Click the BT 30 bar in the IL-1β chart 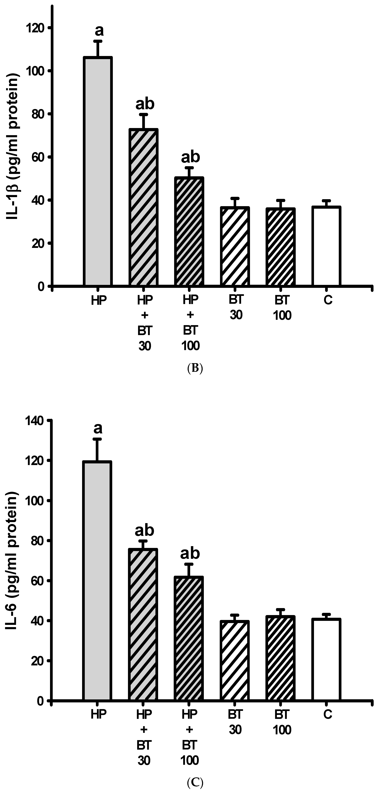[235, 246]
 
